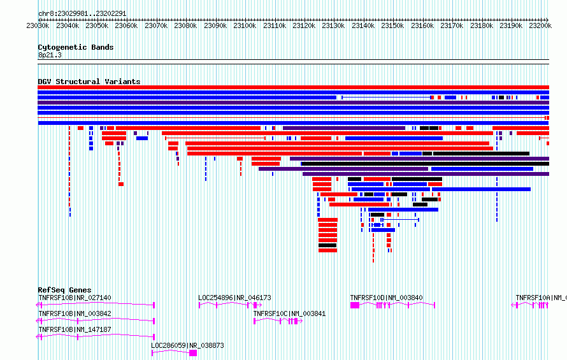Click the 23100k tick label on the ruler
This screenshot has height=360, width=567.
245,25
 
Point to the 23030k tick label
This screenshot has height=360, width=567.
38,25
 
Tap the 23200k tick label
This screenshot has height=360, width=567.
540,25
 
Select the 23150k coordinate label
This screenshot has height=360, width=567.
392,25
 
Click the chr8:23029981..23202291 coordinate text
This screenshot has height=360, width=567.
82,14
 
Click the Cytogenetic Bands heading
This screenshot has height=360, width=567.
76,47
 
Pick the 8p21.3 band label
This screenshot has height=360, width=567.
50,55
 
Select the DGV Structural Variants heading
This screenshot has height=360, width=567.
89,82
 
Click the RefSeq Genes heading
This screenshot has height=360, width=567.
64,290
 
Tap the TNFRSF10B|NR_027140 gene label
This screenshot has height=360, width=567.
75,298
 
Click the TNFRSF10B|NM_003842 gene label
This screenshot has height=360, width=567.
75,313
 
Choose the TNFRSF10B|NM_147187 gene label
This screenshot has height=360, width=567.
75,329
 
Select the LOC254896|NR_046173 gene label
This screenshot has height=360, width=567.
234,298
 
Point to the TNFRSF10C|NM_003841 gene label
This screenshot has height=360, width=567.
289,313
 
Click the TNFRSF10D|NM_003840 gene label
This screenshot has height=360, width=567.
386,298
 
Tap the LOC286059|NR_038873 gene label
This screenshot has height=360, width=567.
187,345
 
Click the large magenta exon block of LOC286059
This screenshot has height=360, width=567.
193,353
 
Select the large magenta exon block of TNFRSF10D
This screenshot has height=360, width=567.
355,305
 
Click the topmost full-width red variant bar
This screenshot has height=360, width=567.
294,87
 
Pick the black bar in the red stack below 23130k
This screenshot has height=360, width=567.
327,245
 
